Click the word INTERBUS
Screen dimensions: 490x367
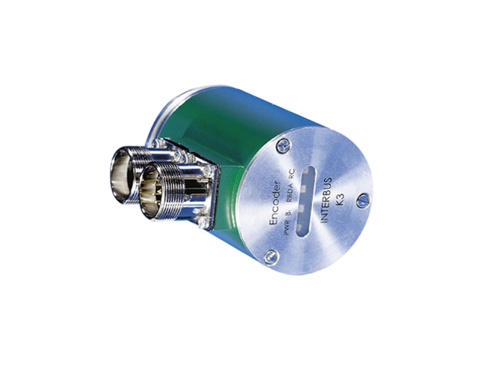click(x=326, y=199)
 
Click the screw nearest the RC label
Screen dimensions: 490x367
click(x=284, y=144)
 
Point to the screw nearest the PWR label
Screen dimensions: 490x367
click(x=271, y=256)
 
